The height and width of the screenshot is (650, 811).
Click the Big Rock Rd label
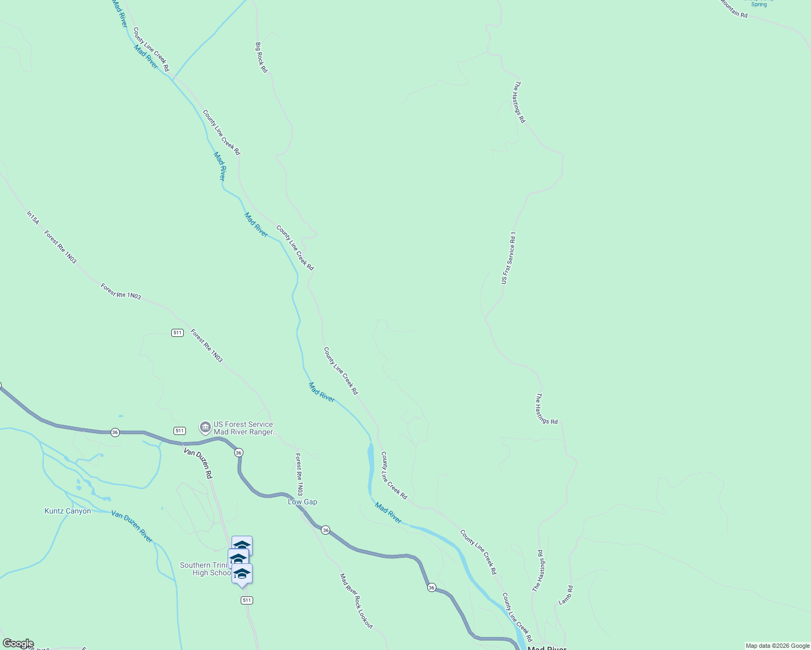coord(261,57)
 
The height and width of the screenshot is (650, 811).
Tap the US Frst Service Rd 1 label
coord(508,258)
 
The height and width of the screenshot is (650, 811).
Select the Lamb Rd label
coord(565,595)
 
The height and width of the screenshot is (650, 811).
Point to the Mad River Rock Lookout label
coord(356,601)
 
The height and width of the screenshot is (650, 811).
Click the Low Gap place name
coord(302,502)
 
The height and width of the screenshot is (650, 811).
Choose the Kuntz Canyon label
coord(67,511)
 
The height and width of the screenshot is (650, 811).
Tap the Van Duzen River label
coord(132,526)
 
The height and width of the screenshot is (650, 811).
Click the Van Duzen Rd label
coord(198,463)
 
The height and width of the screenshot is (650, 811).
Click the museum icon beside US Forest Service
coord(205,428)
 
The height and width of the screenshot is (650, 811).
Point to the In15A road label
coord(33,218)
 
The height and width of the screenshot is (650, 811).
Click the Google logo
coord(18,643)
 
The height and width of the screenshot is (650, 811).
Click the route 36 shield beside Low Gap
coord(325,530)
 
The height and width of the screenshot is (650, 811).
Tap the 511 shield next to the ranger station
coord(180,431)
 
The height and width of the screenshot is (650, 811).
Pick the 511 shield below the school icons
coord(247,600)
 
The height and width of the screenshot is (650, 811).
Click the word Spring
coord(759,4)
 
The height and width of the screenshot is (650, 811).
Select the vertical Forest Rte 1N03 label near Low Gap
coord(299,474)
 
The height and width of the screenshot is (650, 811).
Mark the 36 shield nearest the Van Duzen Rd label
coord(239,452)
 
